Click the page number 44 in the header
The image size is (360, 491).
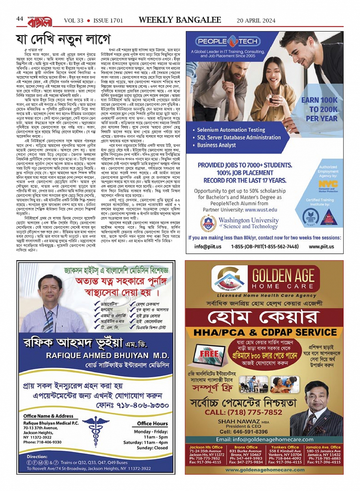click(x=20, y=19)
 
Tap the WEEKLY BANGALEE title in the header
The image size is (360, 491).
click(x=180, y=20)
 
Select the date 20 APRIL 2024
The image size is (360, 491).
click(x=256, y=21)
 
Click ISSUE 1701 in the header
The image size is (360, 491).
click(x=108, y=21)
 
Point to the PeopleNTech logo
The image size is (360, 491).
click(x=228, y=41)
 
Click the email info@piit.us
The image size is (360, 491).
click(x=208, y=246)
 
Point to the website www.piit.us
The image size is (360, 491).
click(x=321, y=246)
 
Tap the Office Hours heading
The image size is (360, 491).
click(x=152, y=423)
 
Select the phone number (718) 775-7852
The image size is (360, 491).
click(x=248, y=412)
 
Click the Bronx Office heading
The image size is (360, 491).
click(x=246, y=447)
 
